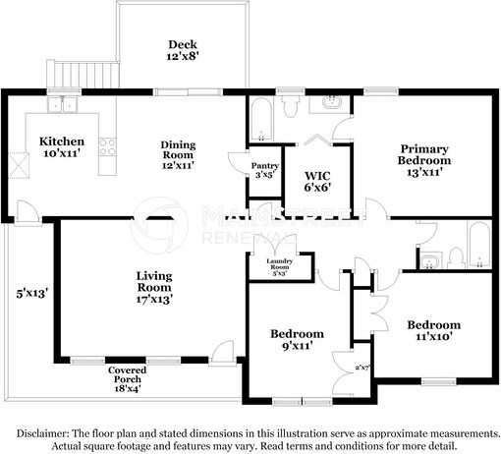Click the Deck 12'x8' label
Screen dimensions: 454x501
[182, 50]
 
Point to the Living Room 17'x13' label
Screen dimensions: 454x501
[154, 288]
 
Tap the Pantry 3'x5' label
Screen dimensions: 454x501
[264, 170]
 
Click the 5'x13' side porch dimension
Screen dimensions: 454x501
[31, 293]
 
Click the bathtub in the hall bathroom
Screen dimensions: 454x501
[477, 244]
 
